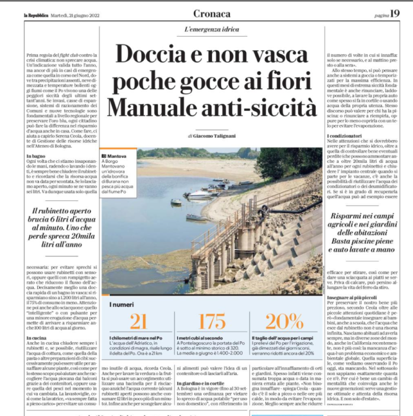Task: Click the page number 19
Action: click(395, 14)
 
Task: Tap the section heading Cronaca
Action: click(212, 14)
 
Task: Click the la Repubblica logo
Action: click(35, 15)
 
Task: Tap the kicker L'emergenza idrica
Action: click(217, 29)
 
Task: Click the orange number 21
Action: click(138, 322)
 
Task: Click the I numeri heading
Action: click(121, 305)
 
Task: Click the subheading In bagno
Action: click(36, 156)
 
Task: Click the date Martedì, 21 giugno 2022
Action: click(75, 15)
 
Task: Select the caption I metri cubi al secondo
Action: click(200, 338)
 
